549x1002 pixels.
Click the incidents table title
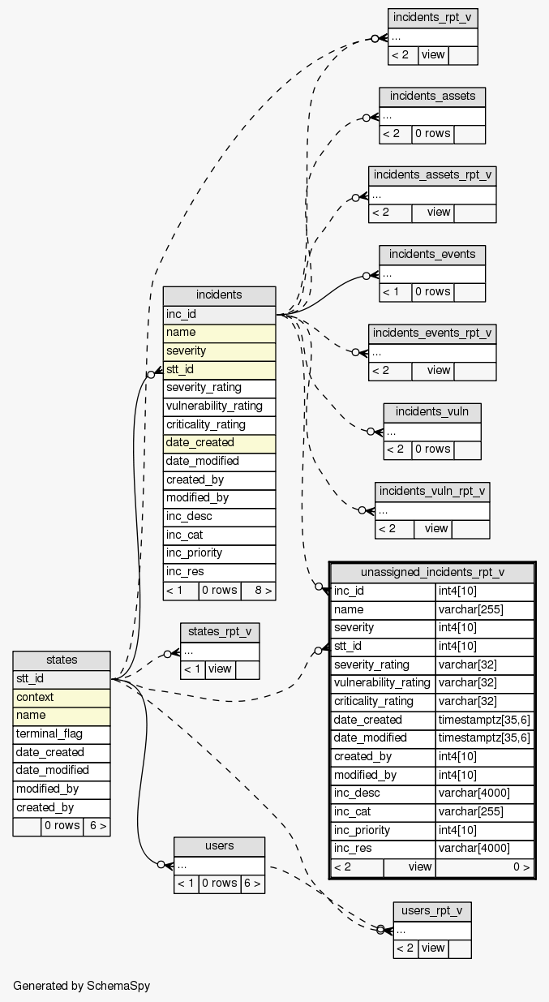(x=219, y=295)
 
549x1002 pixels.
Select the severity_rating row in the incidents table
(x=219, y=388)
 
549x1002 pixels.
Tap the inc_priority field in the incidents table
(x=219, y=553)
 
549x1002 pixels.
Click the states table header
(x=62, y=660)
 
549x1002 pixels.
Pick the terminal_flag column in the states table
(x=62, y=734)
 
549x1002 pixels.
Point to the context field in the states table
(x=62, y=698)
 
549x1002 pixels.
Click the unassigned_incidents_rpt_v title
(x=432, y=573)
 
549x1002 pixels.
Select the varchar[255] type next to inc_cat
(x=484, y=812)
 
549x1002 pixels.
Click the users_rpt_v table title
(x=432, y=911)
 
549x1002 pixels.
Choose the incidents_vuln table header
(x=432, y=412)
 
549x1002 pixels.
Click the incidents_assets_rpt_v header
(x=432, y=175)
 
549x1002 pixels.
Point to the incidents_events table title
(x=432, y=255)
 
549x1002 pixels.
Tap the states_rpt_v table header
(x=219, y=632)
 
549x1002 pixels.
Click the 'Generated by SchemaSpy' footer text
(x=82, y=986)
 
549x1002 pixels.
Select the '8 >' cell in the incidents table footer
(x=258, y=591)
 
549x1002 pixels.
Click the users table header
(x=219, y=846)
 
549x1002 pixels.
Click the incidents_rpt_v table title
(x=432, y=17)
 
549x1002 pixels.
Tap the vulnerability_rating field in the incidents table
(x=219, y=406)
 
